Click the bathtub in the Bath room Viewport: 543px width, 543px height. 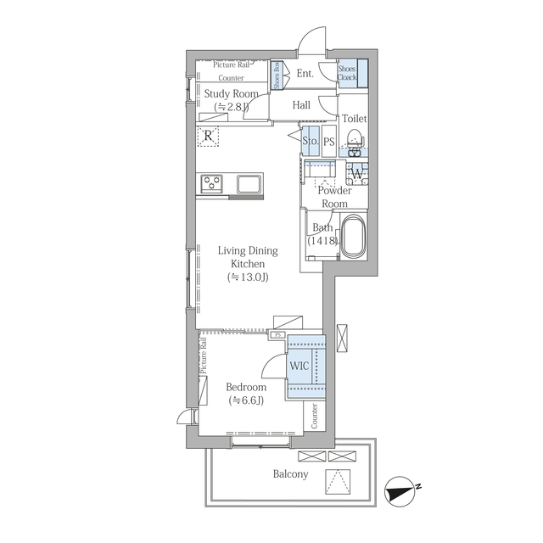353,237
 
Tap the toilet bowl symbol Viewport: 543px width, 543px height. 355,138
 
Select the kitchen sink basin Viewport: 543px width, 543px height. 249,184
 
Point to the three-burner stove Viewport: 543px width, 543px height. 211,183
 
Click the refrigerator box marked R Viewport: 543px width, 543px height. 208,136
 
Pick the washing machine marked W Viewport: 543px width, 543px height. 357,173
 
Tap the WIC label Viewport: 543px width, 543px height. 299,366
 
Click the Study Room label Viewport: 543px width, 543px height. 231,93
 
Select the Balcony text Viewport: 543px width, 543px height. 290,473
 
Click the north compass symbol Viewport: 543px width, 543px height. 400,492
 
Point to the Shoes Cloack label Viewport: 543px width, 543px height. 347,73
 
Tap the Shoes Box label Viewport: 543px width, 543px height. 277,76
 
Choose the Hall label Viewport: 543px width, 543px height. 301,105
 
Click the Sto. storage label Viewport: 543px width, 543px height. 310,141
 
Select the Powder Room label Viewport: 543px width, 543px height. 334,197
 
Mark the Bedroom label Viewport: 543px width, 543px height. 246,387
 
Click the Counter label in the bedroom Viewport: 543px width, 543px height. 315,416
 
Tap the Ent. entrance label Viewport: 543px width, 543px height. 305,74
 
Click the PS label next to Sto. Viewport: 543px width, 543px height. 329,142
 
